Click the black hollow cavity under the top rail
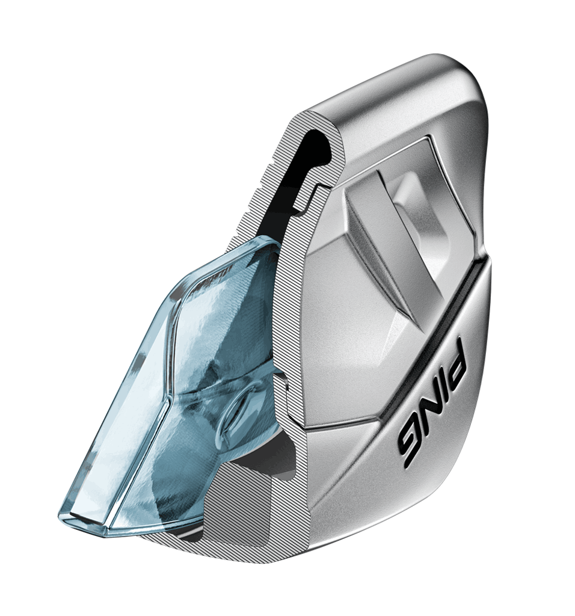[310, 165]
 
